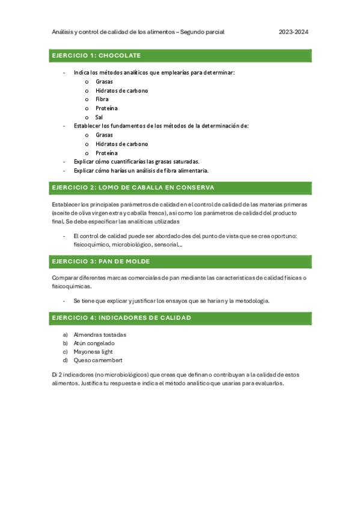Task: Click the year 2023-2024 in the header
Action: coord(294,32)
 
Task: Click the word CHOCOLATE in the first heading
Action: coord(119,55)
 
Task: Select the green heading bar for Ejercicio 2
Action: coord(181,188)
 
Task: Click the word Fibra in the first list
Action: coord(102,99)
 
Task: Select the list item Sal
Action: coord(99,117)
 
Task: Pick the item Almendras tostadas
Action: coord(100,335)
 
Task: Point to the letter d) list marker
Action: coord(65,360)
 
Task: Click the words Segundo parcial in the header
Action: coord(203,32)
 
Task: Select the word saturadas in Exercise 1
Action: coord(184,162)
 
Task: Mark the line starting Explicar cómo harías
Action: coord(141,170)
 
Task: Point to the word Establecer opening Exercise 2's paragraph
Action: coord(67,205)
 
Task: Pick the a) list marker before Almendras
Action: coord(65,335)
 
